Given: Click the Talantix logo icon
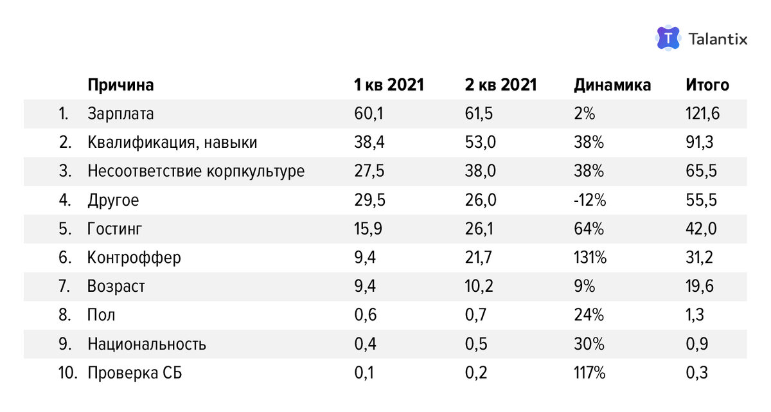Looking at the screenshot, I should (x=668, y=39).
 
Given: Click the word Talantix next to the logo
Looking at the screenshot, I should (x=718, y=39).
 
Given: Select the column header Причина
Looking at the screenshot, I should (x=121, y=85).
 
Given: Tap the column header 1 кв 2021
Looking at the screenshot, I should (x=389, y=85).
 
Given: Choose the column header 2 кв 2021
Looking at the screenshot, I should (x=501, y=85).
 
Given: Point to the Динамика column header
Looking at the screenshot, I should (x=612, y=85).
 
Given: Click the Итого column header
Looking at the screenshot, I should (x=707, y=85).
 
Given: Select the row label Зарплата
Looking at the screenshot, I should (x=121, y=114).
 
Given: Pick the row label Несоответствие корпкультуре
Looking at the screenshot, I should (x=196, y=172).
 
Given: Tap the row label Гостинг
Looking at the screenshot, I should (x=115, y=229).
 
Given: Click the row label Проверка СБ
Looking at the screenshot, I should (x=135, y=373).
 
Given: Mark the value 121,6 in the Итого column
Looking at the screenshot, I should (x=702, y=114).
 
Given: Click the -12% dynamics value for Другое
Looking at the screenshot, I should (x=590, y=201).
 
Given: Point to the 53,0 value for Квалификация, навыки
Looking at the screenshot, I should (x=480, y=143).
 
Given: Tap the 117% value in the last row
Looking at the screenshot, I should (x=589, y=373).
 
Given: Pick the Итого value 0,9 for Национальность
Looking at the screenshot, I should (x=697, y=344).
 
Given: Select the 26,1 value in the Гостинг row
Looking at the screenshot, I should (x=480, y=229).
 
